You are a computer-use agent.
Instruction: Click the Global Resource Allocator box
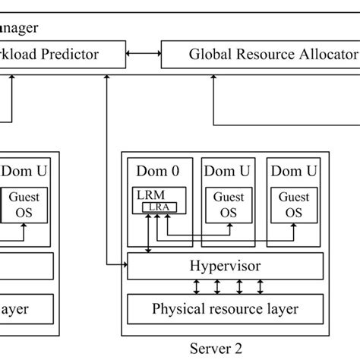(262, 54)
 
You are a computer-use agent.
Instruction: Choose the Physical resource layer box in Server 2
(225, 308)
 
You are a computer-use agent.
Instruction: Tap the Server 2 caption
(216, 349)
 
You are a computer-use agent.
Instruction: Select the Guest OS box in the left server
(25, 203)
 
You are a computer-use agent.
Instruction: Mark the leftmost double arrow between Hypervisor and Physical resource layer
(197, 287)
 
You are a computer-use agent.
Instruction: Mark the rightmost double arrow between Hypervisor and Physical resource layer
(260, 287)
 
